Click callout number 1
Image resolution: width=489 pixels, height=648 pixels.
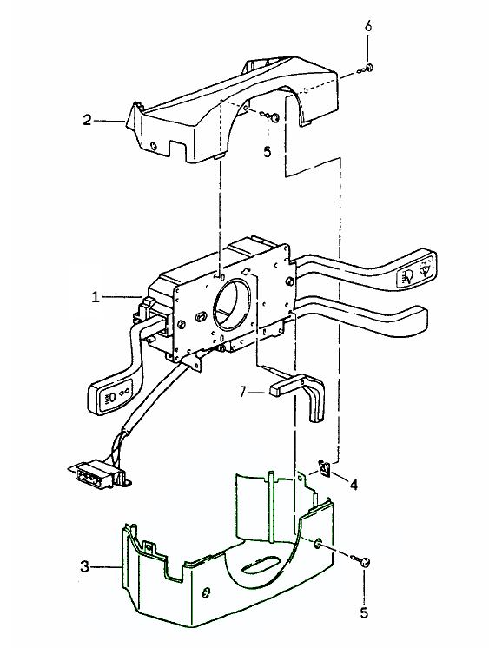coord(96,297)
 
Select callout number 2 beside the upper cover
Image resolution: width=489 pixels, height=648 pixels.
coord(87,120)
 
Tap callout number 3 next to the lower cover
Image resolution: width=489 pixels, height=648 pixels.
coord(84,566)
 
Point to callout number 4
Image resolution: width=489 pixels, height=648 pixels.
coord(354,485)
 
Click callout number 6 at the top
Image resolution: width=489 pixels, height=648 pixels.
coord(368,25)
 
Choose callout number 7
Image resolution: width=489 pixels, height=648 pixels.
coord(243,392)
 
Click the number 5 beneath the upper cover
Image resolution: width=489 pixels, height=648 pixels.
coord(268,152)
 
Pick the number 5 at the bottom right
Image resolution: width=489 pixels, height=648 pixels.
coord(364,612)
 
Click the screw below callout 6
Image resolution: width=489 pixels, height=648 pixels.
coord(370,68)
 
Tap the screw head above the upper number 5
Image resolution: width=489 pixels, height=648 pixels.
coord(275,118)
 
